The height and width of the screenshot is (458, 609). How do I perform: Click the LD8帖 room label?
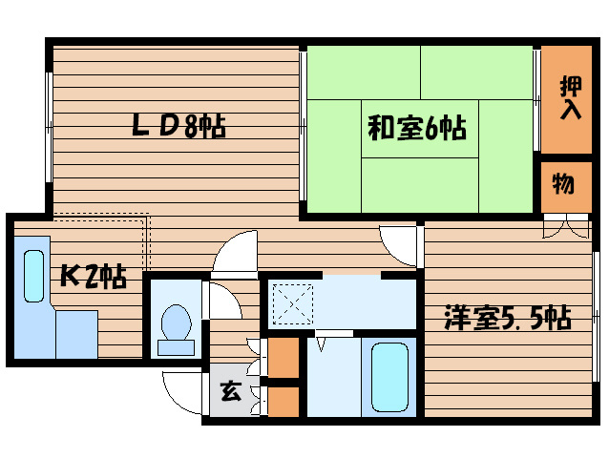178,126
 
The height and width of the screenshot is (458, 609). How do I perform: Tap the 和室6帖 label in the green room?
417,127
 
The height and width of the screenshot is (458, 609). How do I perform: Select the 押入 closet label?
570,97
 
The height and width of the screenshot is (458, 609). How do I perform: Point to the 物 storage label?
563,183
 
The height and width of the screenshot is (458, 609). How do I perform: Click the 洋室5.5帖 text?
506,318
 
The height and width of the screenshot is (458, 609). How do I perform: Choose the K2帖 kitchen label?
93,277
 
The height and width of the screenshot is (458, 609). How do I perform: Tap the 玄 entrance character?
229,389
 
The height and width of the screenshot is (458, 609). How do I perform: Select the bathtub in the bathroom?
388,375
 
